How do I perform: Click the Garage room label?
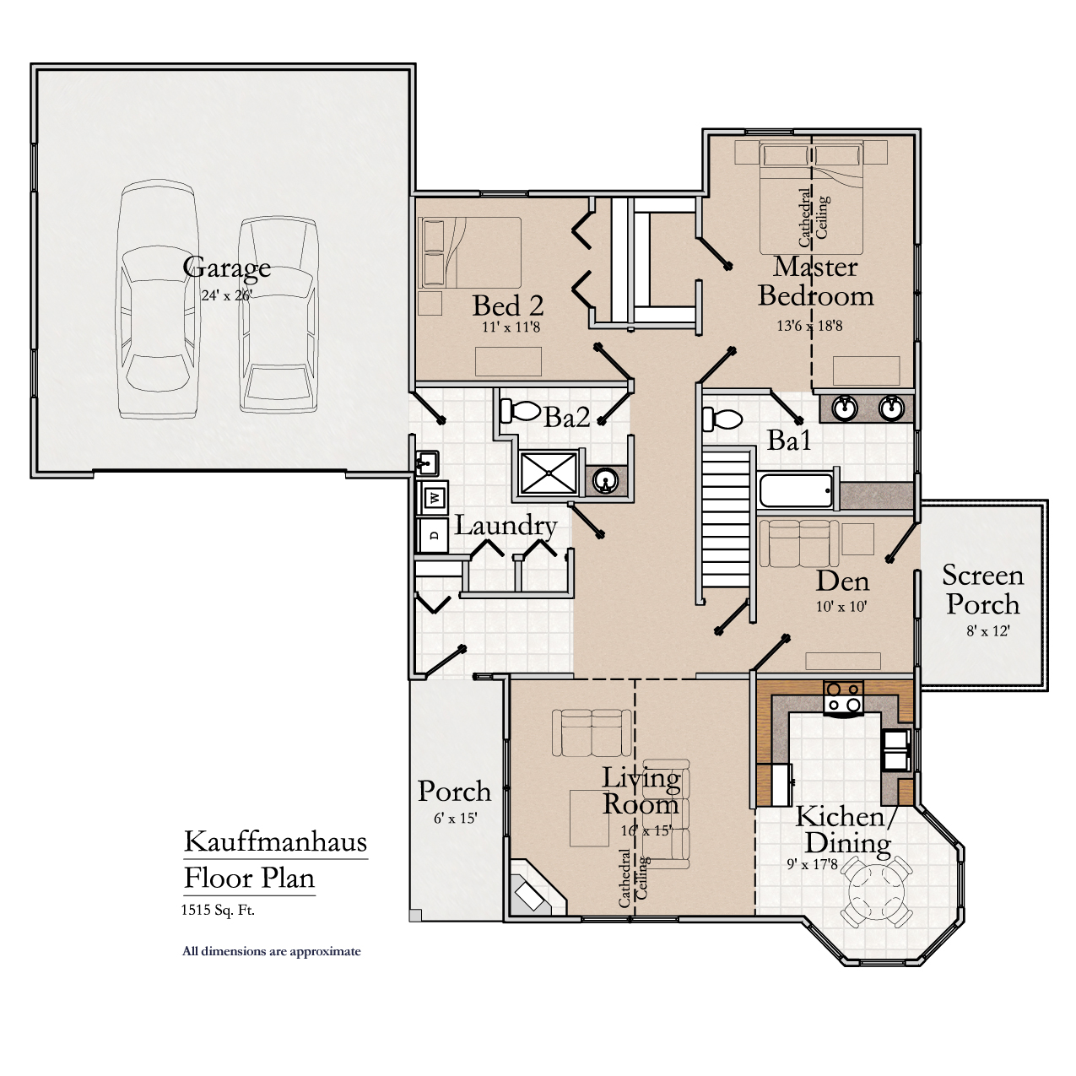point(226,268)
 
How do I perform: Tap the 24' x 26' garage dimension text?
point(226,295)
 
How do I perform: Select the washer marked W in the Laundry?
point(435,497)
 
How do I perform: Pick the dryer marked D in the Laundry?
point(434,534)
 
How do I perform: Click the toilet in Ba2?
point(521,411)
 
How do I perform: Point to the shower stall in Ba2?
point(549,473)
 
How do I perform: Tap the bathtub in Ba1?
point(796,490)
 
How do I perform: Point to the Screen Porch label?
point(982,589)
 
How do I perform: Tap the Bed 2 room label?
point(507,305)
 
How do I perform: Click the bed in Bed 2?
point(469,253)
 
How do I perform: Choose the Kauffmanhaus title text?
point(275,841)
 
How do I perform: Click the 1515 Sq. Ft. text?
point(218,910)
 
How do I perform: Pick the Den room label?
point(842,581)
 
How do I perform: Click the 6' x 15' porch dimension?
point(456,818)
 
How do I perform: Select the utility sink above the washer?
point(426,462)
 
